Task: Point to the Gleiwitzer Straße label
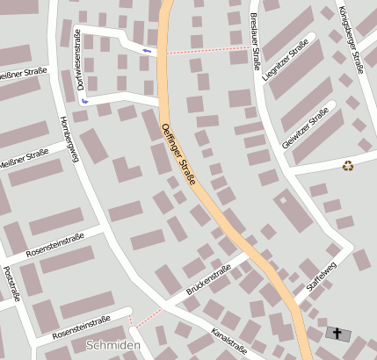click(305, 128)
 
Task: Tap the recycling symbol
click(348, 165)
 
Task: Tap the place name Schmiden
click(112, 346)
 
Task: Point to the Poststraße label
click(10, 283)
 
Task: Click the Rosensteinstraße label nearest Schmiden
click(80, 327)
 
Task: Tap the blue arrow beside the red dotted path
click(147, 51)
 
